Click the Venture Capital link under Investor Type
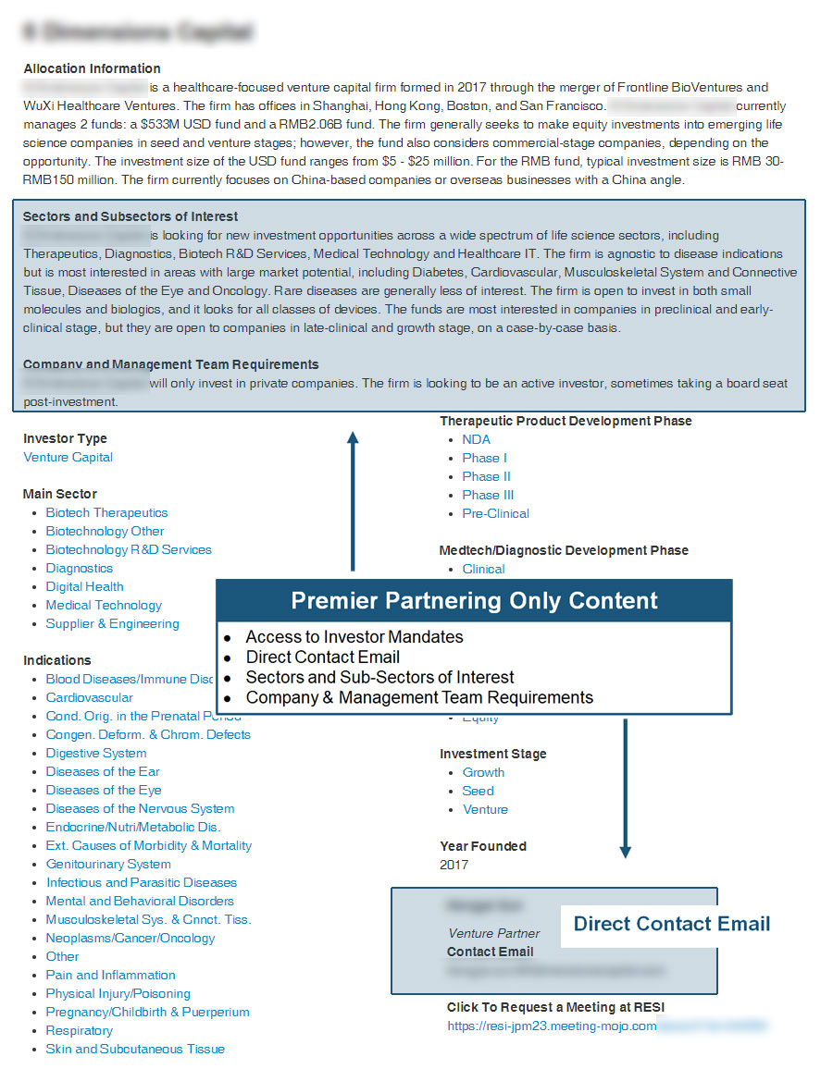(x=68, y=457)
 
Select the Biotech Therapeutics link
(x=106, y=512)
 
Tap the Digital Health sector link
(x=84, y=586)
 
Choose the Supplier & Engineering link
(x=112, y=623)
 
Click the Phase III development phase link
(x=488, y=495)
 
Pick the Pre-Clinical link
(x=495, y=513)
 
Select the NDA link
(x=476, y=439)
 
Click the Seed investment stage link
(x=478, y=791)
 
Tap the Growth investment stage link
(x=483, y=772)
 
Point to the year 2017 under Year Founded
(x=454, y=865)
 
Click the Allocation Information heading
(x=92, y=68)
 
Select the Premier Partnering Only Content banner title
(x=474, y=600)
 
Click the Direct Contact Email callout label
(x=671, y=924)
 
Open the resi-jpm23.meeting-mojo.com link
(x=552, y=1026)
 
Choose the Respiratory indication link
(x=79, y=1030)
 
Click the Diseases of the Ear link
(x=103, y=771)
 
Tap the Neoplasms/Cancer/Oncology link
(x=130, y=938)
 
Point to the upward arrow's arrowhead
(x=353, y=436)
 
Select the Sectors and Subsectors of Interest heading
(x=131, y=216)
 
